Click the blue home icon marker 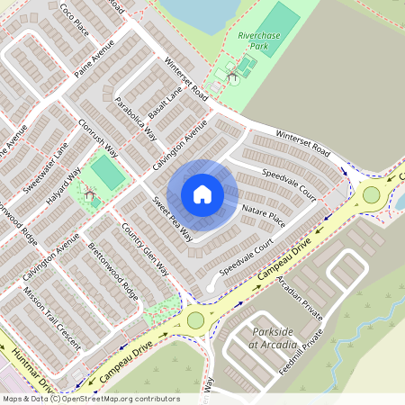point(202,194)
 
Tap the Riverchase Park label point(259,41)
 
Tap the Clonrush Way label point(99,135)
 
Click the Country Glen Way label point(145,248)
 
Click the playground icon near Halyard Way point(89,193)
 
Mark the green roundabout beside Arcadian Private point(195,319)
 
